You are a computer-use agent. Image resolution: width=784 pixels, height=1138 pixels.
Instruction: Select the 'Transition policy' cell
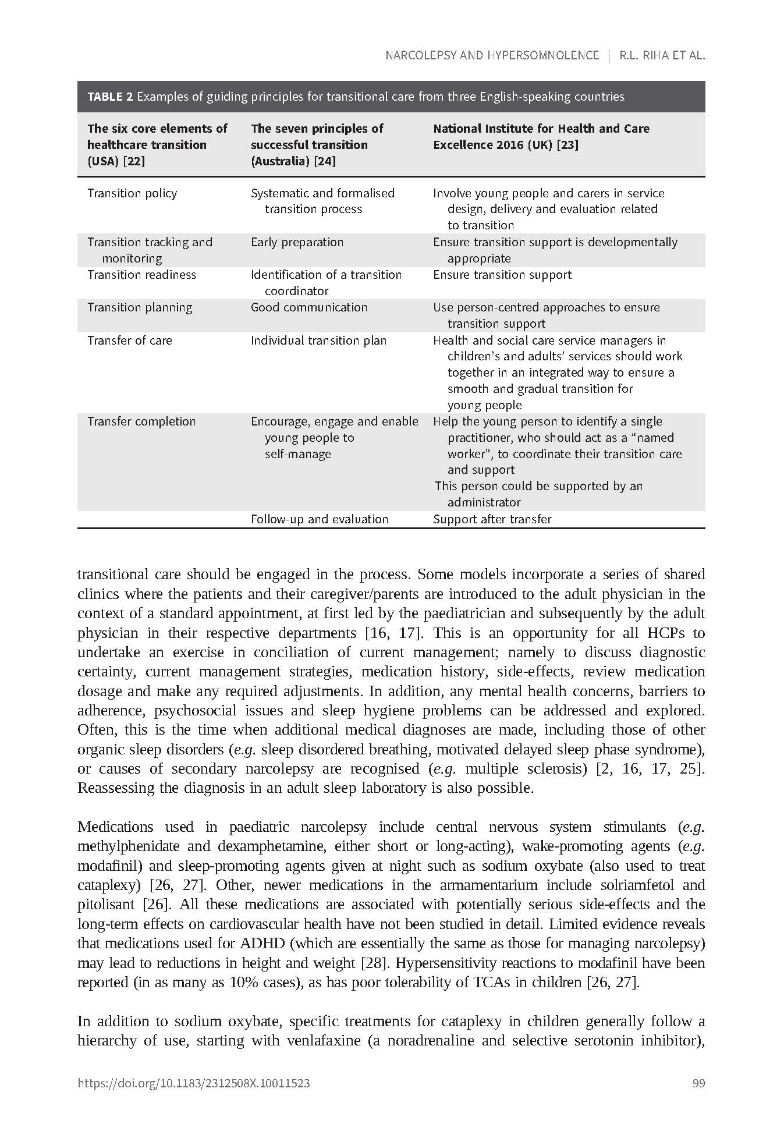click(132, 193)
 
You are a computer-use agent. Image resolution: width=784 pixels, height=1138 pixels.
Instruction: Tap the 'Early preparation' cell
click(297, 242)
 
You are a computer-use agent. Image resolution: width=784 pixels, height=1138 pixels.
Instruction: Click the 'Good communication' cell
click(308, 307)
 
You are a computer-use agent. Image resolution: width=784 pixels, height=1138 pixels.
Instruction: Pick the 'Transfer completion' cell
click(141, 421)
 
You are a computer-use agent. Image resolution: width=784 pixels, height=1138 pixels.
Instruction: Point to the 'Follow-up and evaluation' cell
click(319, 519)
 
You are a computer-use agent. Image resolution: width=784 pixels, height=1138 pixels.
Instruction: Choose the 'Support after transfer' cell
click(492, 519)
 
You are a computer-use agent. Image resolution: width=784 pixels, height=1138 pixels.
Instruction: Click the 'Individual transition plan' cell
click(318, 341)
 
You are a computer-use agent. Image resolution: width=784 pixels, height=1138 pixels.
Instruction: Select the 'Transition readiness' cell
click(141, 275)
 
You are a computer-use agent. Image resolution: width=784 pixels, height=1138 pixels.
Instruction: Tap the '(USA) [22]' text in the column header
click(116, 161)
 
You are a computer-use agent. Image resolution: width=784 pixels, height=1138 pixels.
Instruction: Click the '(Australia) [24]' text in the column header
click(293, 161)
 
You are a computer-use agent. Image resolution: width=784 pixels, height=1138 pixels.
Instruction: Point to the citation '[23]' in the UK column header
click(567, 145)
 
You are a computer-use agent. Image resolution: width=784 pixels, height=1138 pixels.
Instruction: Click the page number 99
click(698, 1083)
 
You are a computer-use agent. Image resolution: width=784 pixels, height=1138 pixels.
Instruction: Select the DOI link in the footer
click(193, 1083)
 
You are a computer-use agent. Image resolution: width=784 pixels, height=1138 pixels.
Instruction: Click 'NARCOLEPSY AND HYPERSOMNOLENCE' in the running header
click(492, 55)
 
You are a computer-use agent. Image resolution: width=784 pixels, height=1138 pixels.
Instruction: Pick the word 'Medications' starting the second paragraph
click(115, 827)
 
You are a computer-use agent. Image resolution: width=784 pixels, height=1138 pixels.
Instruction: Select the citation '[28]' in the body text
click(373, 963)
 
